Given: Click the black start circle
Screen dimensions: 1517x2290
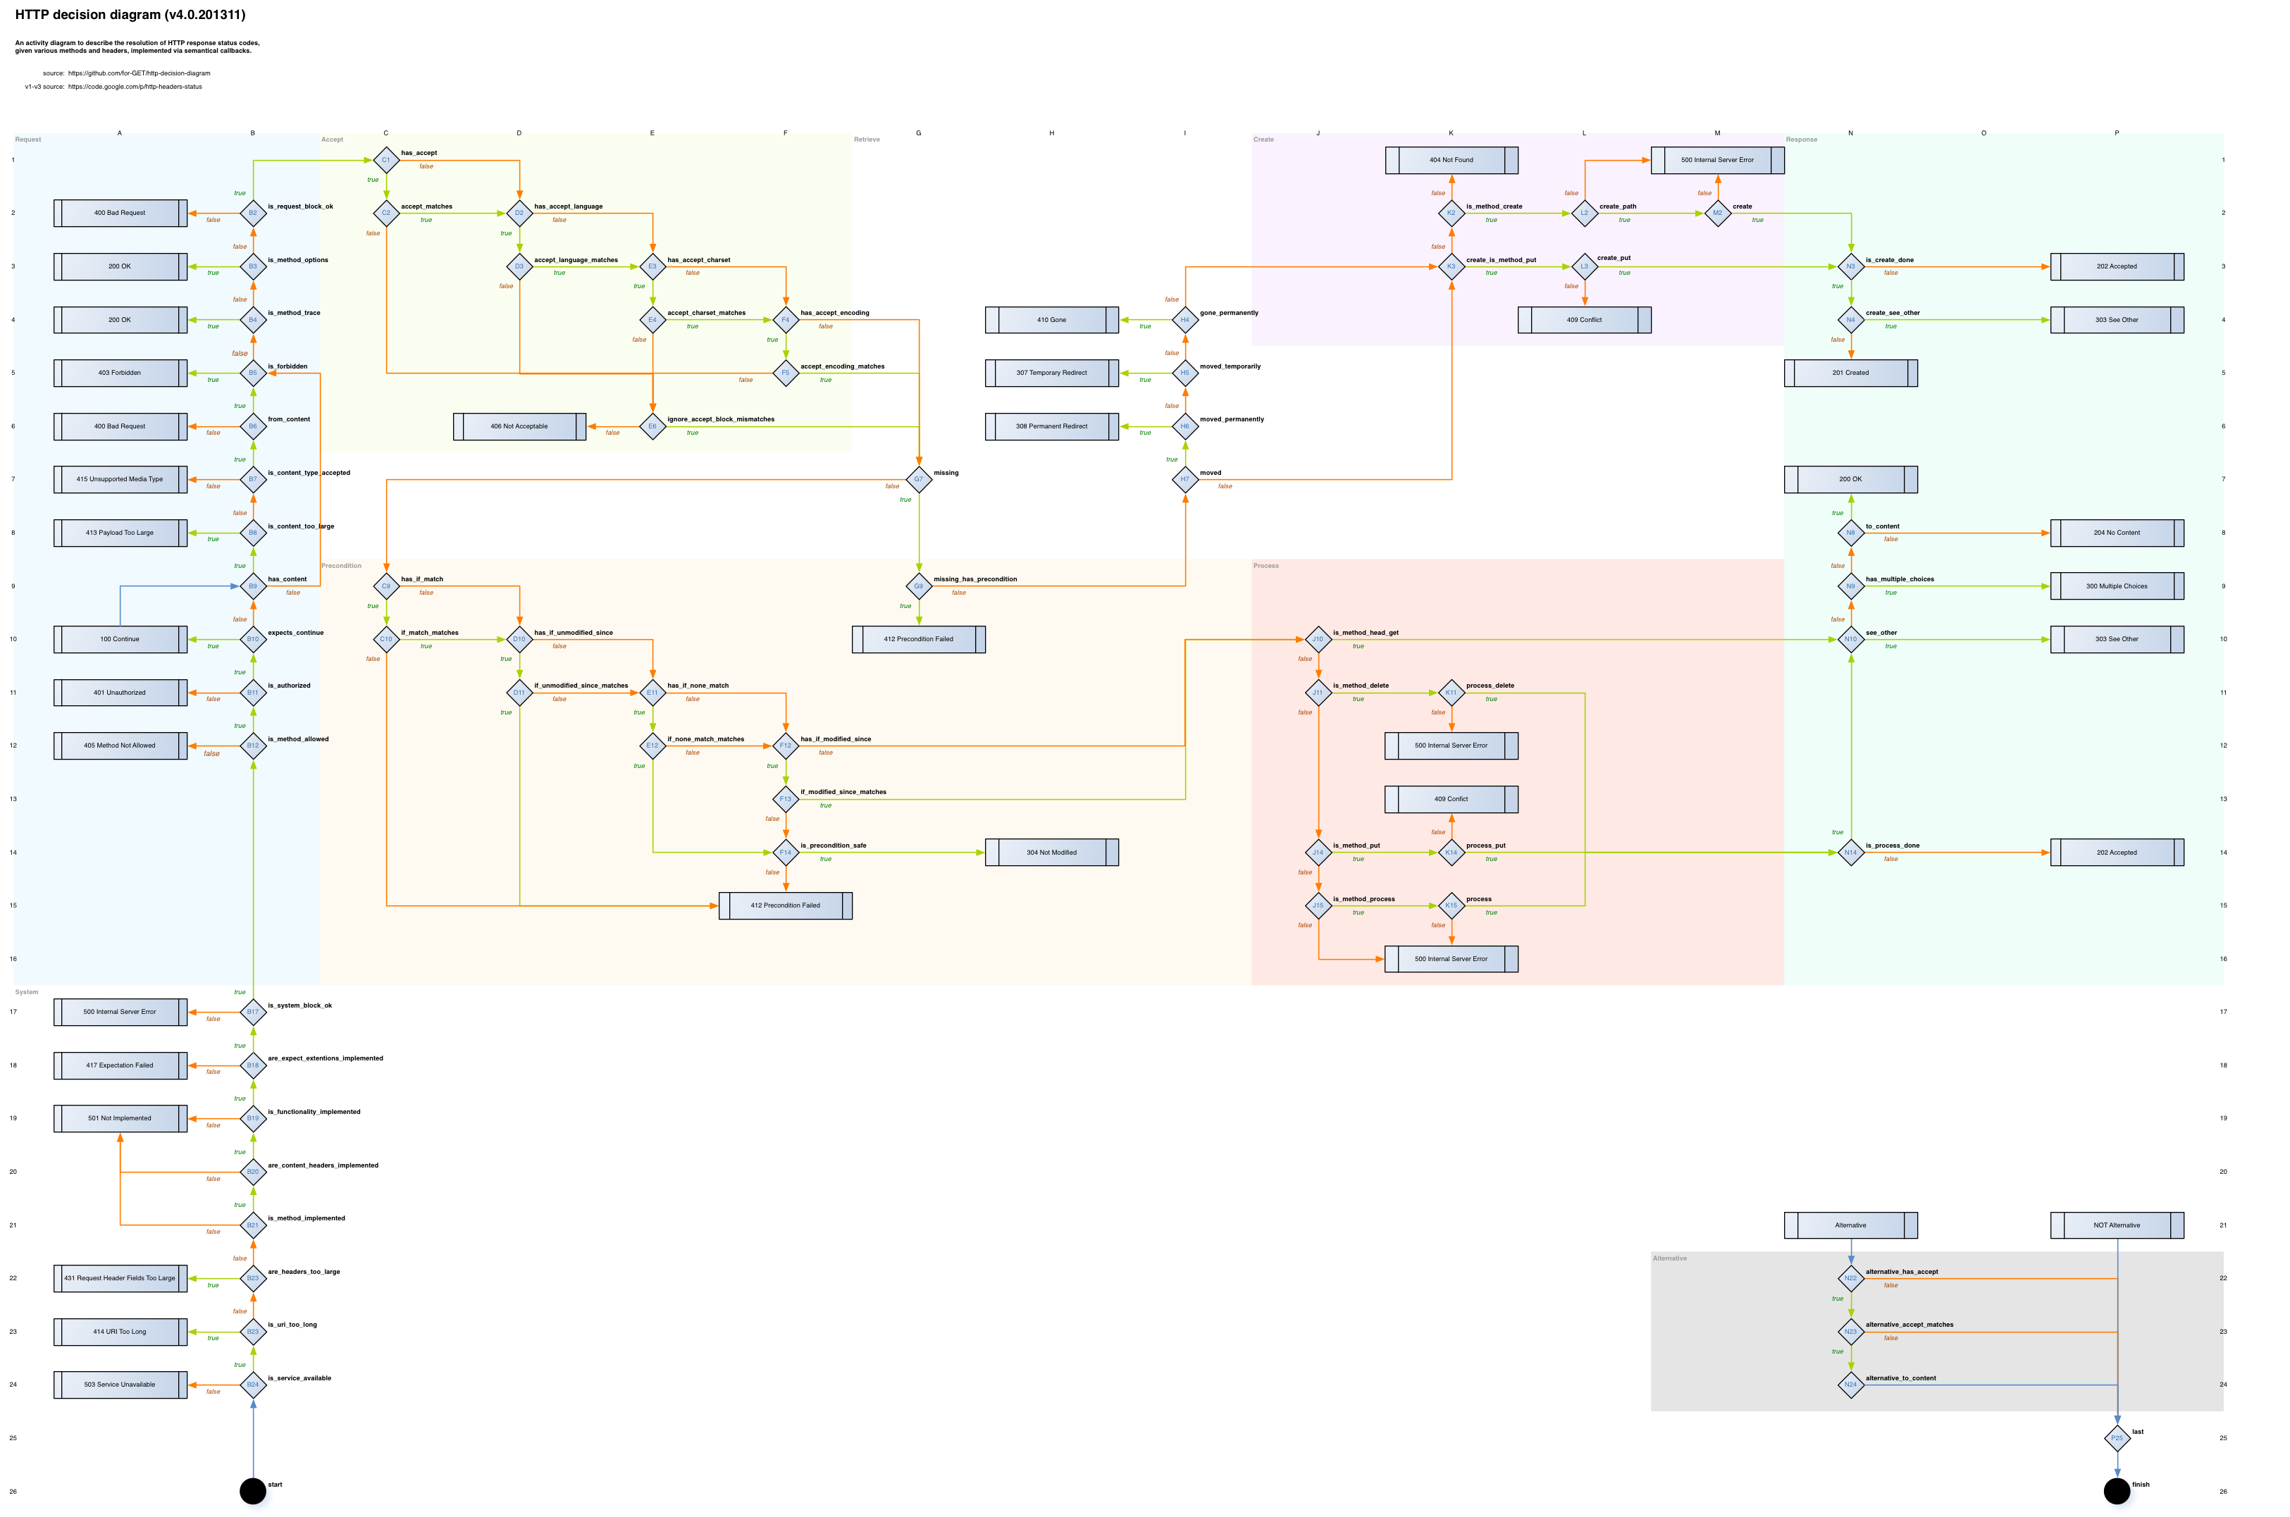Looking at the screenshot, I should pos(252,1491).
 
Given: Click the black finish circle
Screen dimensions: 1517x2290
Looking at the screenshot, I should pos(2117,1491).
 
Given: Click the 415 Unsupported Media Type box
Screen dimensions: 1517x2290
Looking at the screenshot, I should pos(120,479).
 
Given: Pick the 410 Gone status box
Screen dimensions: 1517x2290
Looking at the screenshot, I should pos(1052,319).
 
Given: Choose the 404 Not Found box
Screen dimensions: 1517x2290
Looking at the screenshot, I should pos(1452,160).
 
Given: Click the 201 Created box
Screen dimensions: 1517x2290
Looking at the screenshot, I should pos(1851,373).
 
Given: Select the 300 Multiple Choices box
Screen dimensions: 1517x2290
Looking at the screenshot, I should pos(2117,586).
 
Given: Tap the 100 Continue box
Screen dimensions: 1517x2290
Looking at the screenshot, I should pos(120,638).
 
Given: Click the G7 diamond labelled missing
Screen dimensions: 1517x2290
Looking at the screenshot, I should pos(918,479).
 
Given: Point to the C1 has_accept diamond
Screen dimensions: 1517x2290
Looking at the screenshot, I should pos(386,160).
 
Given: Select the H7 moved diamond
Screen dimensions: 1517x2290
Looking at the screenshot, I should pos(1185,479).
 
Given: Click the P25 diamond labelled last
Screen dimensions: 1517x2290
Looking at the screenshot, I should pos(2117,1437).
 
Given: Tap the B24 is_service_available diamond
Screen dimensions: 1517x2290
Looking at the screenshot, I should pos(252,1385).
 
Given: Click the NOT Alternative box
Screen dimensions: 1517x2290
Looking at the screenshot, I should pos(2117,1225).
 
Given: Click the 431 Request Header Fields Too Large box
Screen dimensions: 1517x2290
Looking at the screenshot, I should pos(120,1278).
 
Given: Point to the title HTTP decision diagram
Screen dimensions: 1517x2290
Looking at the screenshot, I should pos(130,15).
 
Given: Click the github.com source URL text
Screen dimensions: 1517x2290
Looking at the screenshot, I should pos(140,73).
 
